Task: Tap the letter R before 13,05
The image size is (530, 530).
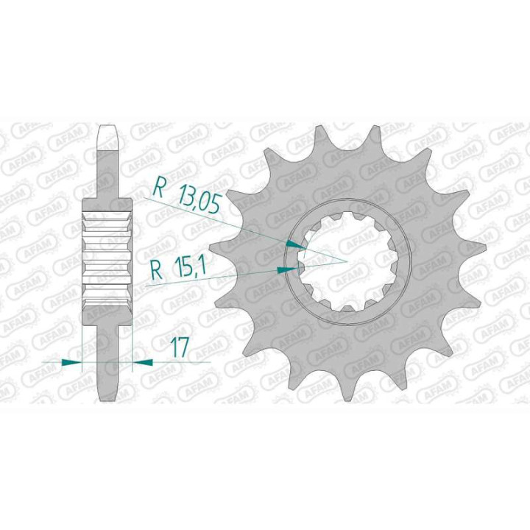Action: tap(158, 189)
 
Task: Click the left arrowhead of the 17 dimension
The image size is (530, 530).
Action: tap(72, 362)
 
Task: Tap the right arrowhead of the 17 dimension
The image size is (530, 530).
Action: tap(141, 362)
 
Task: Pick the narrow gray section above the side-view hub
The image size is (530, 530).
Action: tap(108, 173)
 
